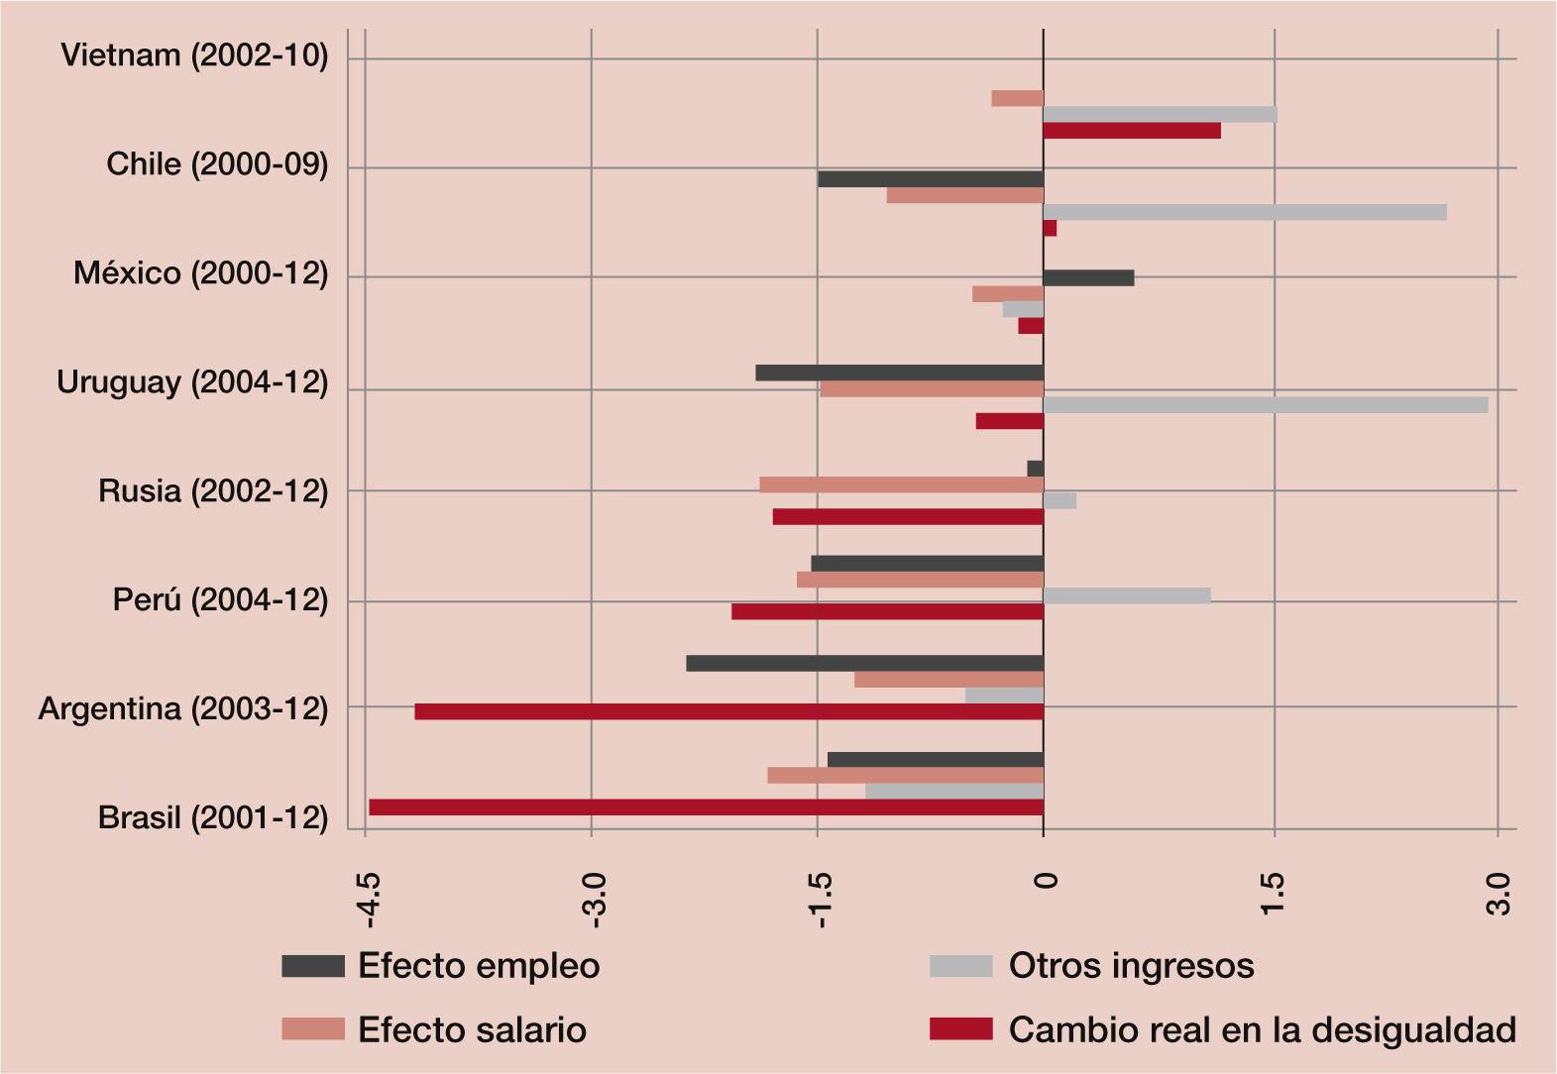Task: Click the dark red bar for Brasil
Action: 706,807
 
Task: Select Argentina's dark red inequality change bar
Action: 728,711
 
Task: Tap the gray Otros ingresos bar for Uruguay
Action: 1266,405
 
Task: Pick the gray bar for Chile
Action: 1245,212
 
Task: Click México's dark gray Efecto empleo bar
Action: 1088,277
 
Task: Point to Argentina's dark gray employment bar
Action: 864,663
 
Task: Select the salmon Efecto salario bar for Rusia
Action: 901,484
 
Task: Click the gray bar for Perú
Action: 1127,595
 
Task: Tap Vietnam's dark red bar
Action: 1132,131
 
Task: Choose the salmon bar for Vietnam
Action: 1017,98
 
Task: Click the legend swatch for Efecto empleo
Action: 313,966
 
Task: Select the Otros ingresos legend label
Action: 1131,966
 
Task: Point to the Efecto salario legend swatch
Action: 313,1029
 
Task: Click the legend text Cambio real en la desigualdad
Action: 1262,1029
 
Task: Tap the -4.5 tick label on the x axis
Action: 369,900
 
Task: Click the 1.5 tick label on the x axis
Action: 1273,896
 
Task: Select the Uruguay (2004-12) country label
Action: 192,382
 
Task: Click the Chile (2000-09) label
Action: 217,164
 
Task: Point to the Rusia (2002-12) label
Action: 213,491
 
